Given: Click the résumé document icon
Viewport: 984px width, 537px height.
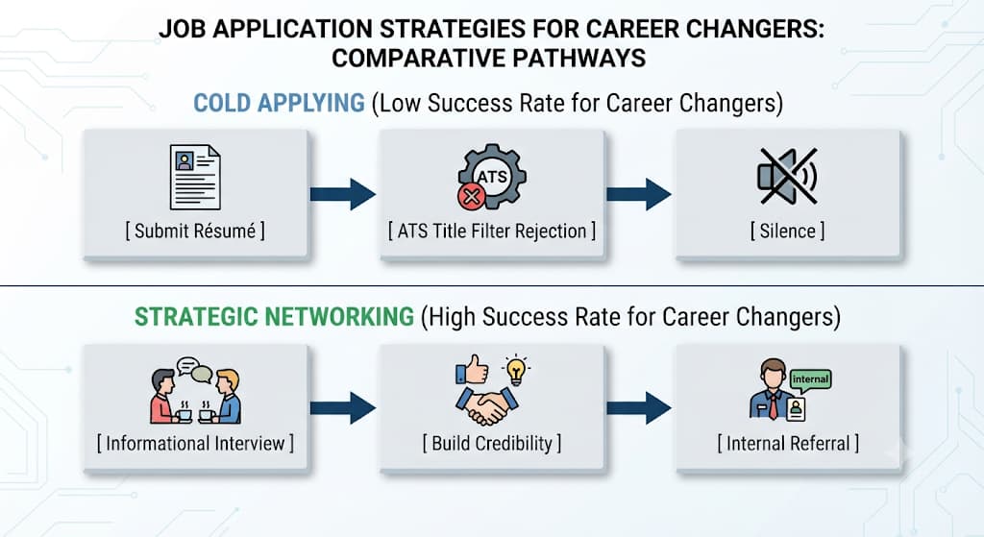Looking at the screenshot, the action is pyautogui.click(x=195, y=177).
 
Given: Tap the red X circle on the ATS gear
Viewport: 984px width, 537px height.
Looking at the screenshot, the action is pyautogui.click(x=471, y=197).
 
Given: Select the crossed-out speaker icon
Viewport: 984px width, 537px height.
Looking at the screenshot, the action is pyautogui.click(x=788, y=177).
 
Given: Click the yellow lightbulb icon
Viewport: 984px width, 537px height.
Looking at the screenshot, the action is pyautogui.click(x=516, y=370).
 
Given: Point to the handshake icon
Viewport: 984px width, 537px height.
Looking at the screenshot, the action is pyautogui.click(x=487, y=406).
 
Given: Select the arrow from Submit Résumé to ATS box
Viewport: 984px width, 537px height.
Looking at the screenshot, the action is pyautogui.click(x=343, y=194).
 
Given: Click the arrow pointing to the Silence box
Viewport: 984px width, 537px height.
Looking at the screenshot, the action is pyautogui.click(x=639, y=194).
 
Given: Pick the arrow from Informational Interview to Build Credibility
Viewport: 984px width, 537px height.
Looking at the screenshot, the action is pyautogui.click(x=343, y=407).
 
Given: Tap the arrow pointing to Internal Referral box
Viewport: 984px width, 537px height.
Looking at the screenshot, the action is pyautogui.click(x=639, y=407).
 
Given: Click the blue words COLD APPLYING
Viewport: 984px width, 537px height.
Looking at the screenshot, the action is pyautogui.click(x=279, y=103).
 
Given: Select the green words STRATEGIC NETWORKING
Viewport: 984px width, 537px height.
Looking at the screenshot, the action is pyautogui.click(x=274, y=317).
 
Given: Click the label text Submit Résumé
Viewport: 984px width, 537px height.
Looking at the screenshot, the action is pyautogui.click(x=195, y=231).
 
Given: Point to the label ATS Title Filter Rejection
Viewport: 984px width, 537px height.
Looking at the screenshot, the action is pyautogui.click(x=492, y=231).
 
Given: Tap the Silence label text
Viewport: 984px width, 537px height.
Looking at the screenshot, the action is pyautogui.click(x=788, y=231).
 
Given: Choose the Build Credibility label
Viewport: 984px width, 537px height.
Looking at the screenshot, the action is pyautogui.click(x=492, y=444).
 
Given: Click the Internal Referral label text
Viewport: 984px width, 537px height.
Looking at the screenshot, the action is pyautogui.click(x=788, y=444).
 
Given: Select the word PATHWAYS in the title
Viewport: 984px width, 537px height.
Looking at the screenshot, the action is pyautogui.click(x=579, y=59).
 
